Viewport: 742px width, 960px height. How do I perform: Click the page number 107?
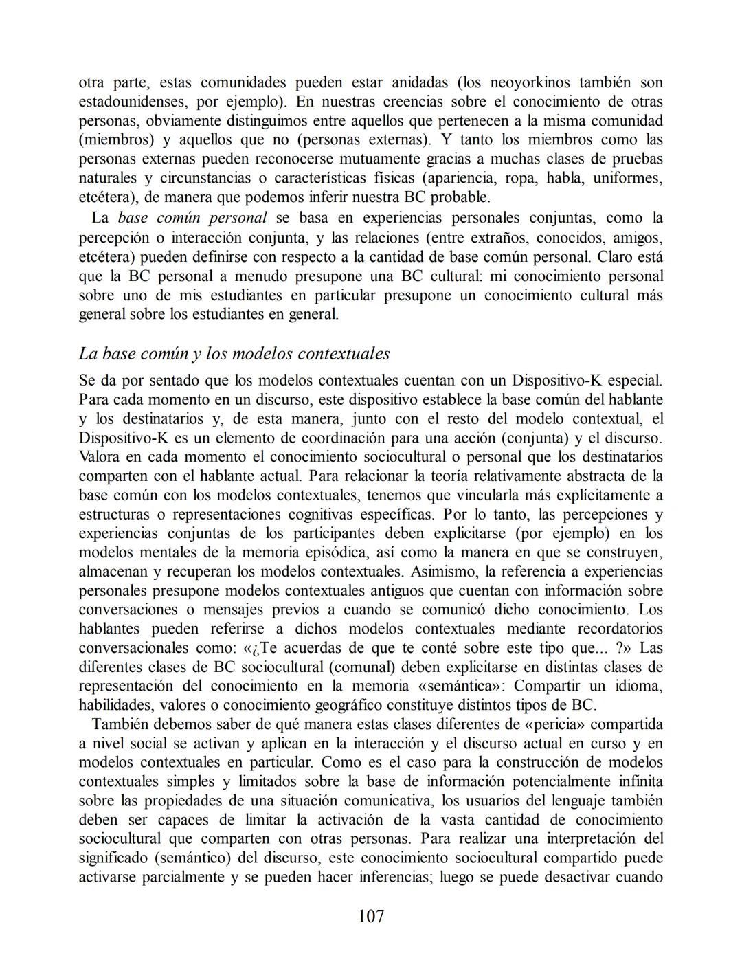click(371, 916)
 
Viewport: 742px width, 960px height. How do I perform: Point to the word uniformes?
click(627, 179)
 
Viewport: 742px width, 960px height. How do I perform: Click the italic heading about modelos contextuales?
click(234, 354)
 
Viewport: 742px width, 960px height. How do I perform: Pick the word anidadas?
click(419, 83)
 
